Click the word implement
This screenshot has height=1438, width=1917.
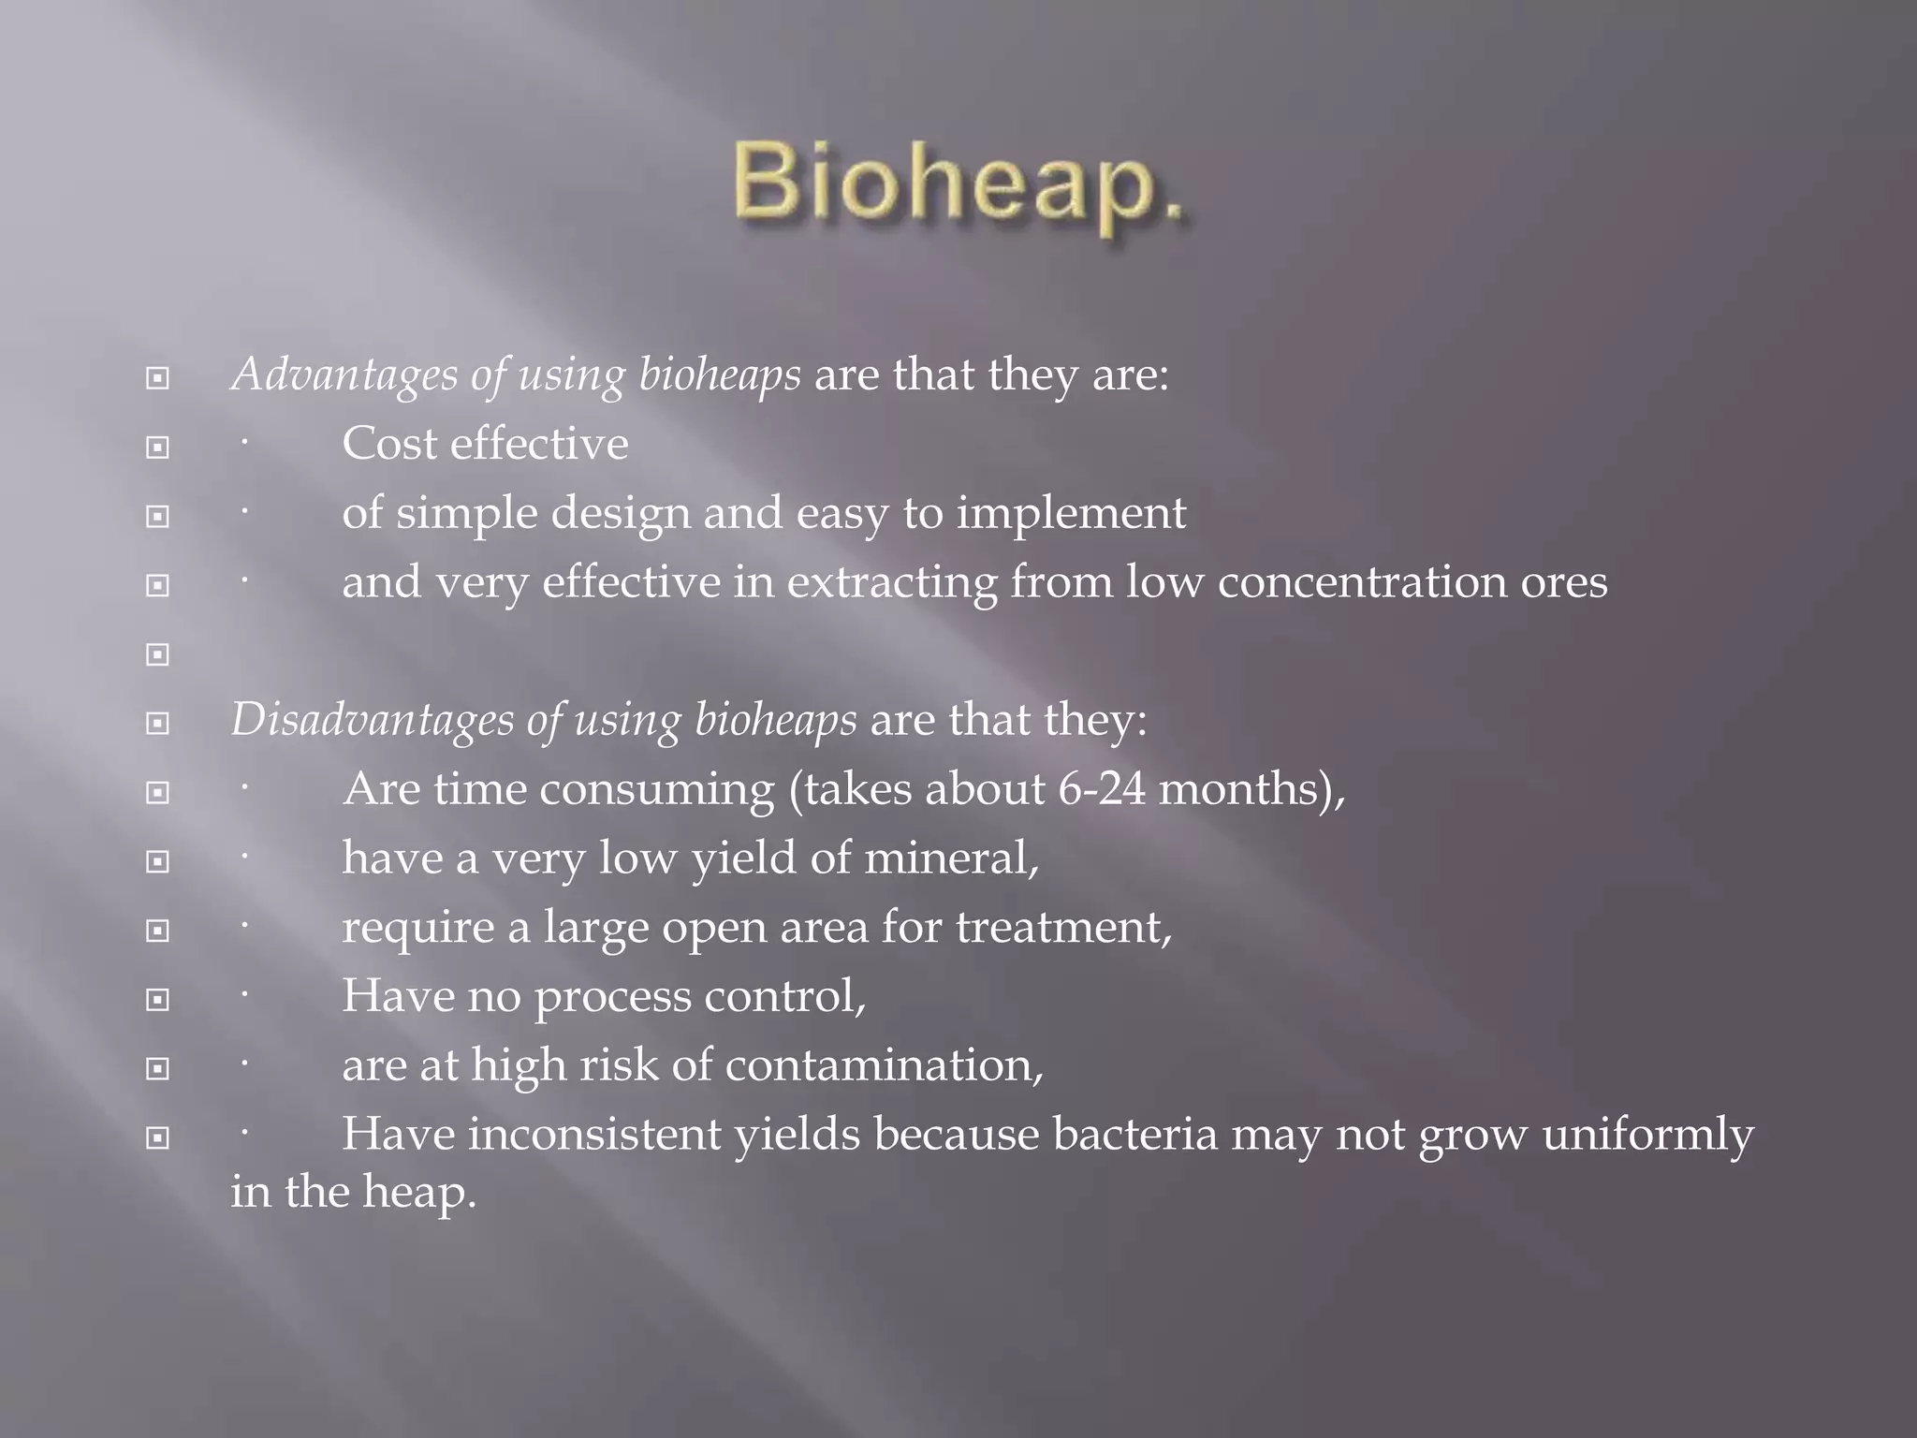tap(1071, 514)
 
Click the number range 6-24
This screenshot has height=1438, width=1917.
tap(1101, 789)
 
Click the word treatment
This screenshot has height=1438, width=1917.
tap(1061, 928)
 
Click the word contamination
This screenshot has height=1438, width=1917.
tap(883, 1066)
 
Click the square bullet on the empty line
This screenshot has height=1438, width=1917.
tap(157, 654)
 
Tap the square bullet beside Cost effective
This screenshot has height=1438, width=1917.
tap(157, 448)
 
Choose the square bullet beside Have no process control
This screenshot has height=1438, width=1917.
tap(157, 1000)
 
